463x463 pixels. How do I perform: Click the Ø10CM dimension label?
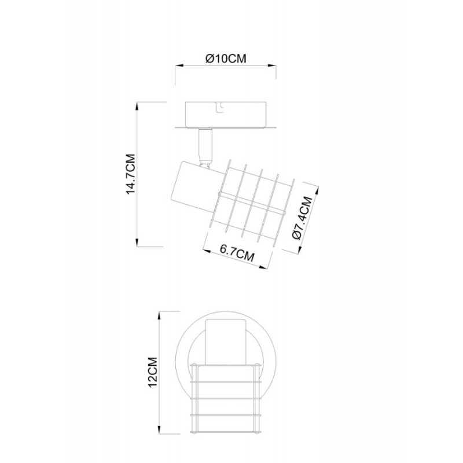(226, 58)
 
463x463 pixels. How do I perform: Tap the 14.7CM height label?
(131, 174)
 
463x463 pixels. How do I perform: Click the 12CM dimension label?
(153, 373)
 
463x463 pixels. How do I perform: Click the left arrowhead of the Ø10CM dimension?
(180, 65)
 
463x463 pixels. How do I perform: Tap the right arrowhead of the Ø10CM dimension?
(271, 65)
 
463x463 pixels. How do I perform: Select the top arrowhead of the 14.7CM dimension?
(137, 107)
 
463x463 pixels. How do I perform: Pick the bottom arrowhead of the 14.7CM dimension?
(137, 242)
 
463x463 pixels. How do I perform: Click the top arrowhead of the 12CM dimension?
(160, 315)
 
